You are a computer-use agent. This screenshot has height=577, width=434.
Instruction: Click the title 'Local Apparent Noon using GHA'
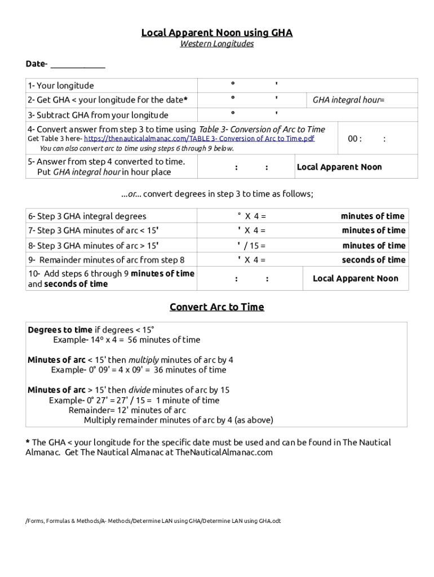point(216,33)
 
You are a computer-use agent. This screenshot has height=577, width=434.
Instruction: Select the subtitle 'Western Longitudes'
point(216,44)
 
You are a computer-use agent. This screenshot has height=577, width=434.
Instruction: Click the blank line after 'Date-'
point(77,64)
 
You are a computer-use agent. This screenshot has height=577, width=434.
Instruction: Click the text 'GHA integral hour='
point(348,100)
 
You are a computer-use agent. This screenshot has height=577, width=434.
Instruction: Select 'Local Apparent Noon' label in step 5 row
point(339,167)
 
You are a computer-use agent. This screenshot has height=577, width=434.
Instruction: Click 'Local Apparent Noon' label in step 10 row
point(355,278)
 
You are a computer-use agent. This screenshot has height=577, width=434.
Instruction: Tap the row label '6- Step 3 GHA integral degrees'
point(87,216)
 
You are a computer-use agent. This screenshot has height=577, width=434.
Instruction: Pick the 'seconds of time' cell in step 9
point(373,260)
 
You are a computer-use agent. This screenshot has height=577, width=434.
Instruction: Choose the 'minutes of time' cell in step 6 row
point(373,216)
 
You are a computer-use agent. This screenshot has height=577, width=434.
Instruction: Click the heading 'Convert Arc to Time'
point(216,307)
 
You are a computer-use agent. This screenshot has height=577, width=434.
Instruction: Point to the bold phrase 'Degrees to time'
point(60,330)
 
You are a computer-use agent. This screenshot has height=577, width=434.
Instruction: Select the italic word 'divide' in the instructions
point(139,390)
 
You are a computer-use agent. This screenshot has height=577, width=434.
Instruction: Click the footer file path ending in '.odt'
point(153,521)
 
